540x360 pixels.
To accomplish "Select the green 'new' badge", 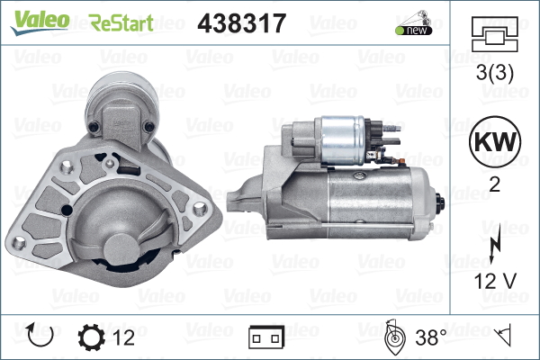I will point(413,30).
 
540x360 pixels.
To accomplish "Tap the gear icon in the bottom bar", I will point(92,338).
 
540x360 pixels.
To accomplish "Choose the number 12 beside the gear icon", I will point(124,338).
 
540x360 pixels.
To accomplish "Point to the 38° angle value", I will point(430,338).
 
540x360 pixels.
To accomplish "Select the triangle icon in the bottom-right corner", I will point(505,338).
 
